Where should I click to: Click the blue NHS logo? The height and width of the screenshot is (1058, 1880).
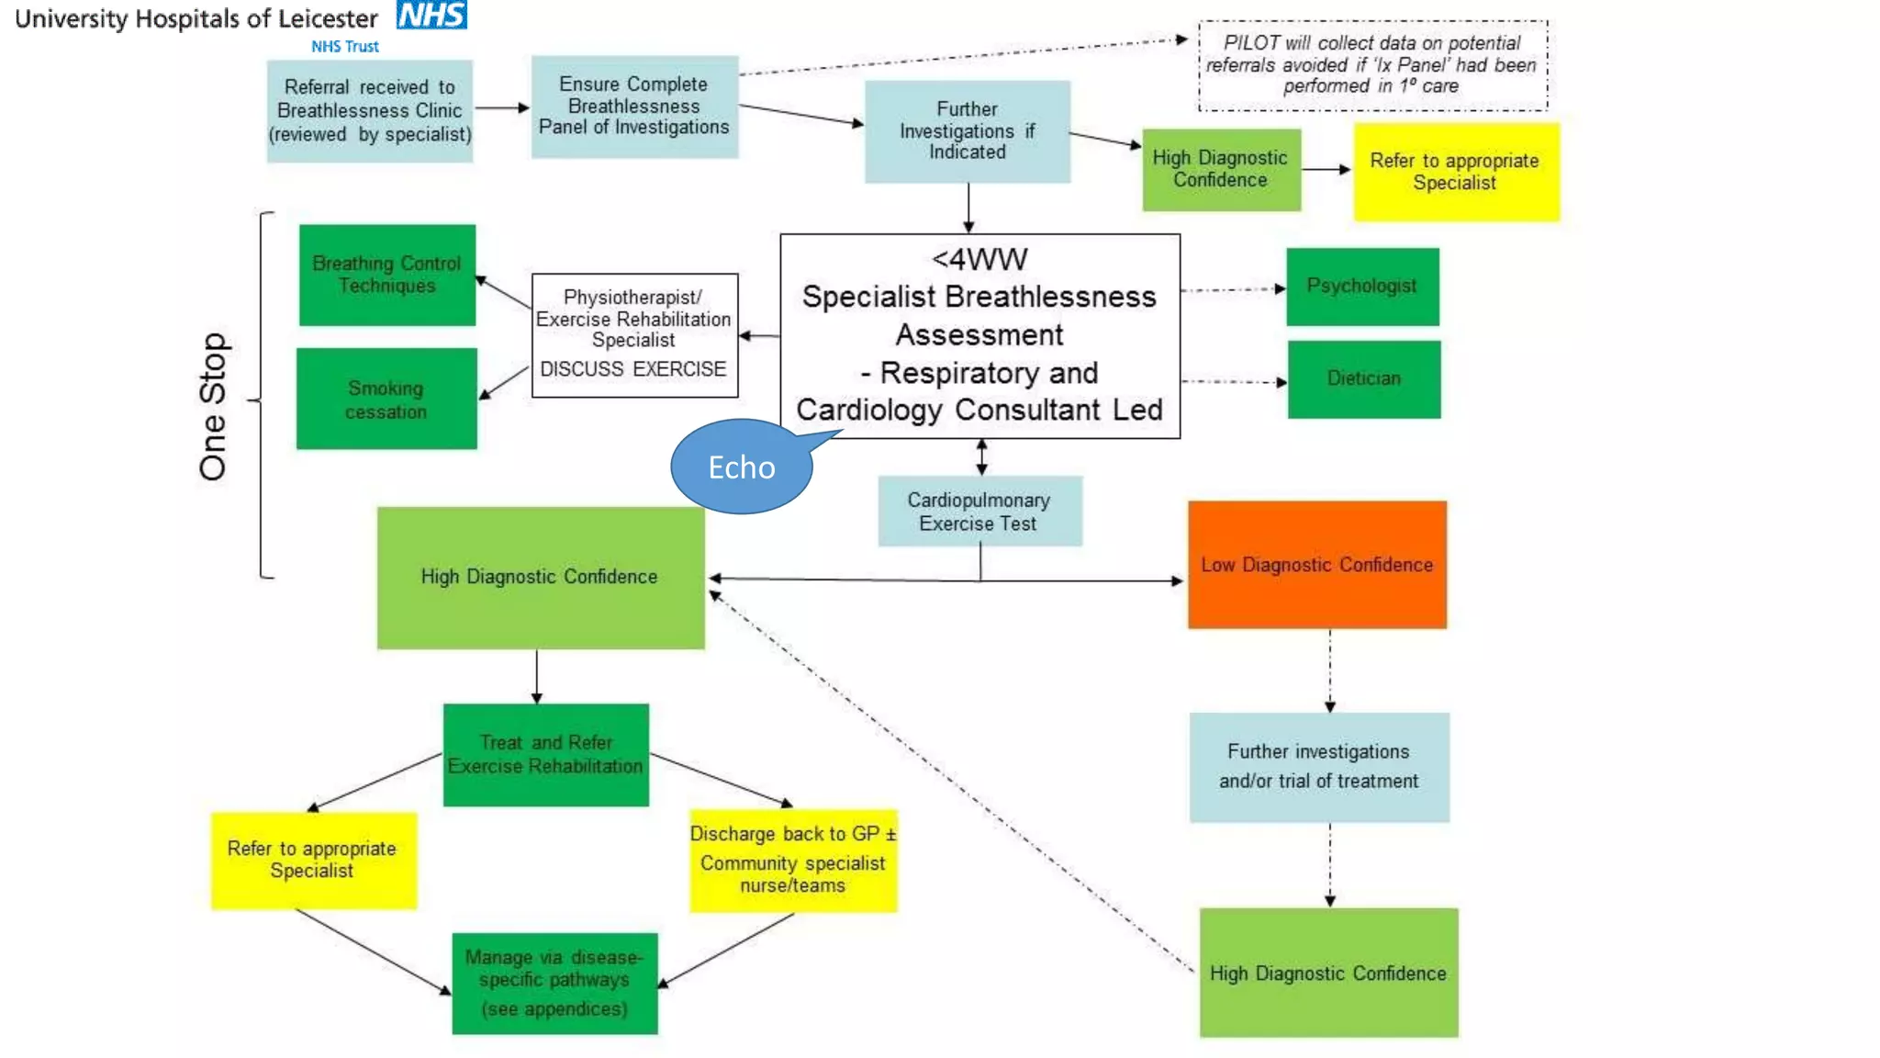(x=431, y=15)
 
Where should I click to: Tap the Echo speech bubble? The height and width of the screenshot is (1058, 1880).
(x=742, y=467)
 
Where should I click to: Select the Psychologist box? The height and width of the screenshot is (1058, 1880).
(x=1362, y=287)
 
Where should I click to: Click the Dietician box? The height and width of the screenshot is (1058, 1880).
(x=1364, y=379)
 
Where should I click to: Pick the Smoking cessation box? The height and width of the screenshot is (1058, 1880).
(x=386, y=400)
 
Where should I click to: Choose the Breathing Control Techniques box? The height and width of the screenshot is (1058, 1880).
(x=386, y=275)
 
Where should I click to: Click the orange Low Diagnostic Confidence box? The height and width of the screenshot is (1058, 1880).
(x=1316, y=565)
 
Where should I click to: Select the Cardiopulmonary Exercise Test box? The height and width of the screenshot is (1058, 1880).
(x=979, y=512)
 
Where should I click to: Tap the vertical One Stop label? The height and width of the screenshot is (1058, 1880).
(x=213, y=407)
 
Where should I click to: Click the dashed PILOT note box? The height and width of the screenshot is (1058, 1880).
(x=1372, y=65)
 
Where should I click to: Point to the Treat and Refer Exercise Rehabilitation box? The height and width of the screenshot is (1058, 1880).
(x=546, y=754)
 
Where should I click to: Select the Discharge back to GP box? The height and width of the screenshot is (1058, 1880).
(x=793, y=861)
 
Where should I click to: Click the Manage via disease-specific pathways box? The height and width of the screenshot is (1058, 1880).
(x=554, y=984)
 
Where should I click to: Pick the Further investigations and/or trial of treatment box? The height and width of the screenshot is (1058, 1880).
(x=1319, y=767)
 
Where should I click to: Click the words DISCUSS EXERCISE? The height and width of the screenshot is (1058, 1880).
(x=633, y=369)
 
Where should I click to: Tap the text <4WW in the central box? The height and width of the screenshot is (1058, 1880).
(x=979, y=260)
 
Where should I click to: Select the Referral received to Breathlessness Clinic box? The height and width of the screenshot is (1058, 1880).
(x=370, y=111)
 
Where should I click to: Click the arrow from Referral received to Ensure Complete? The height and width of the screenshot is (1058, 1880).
(x=501, y=108)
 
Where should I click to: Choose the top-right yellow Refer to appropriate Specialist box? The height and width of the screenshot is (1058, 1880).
(x=1456, y=172)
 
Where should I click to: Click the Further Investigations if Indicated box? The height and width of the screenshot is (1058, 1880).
(x=968, y=131)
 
